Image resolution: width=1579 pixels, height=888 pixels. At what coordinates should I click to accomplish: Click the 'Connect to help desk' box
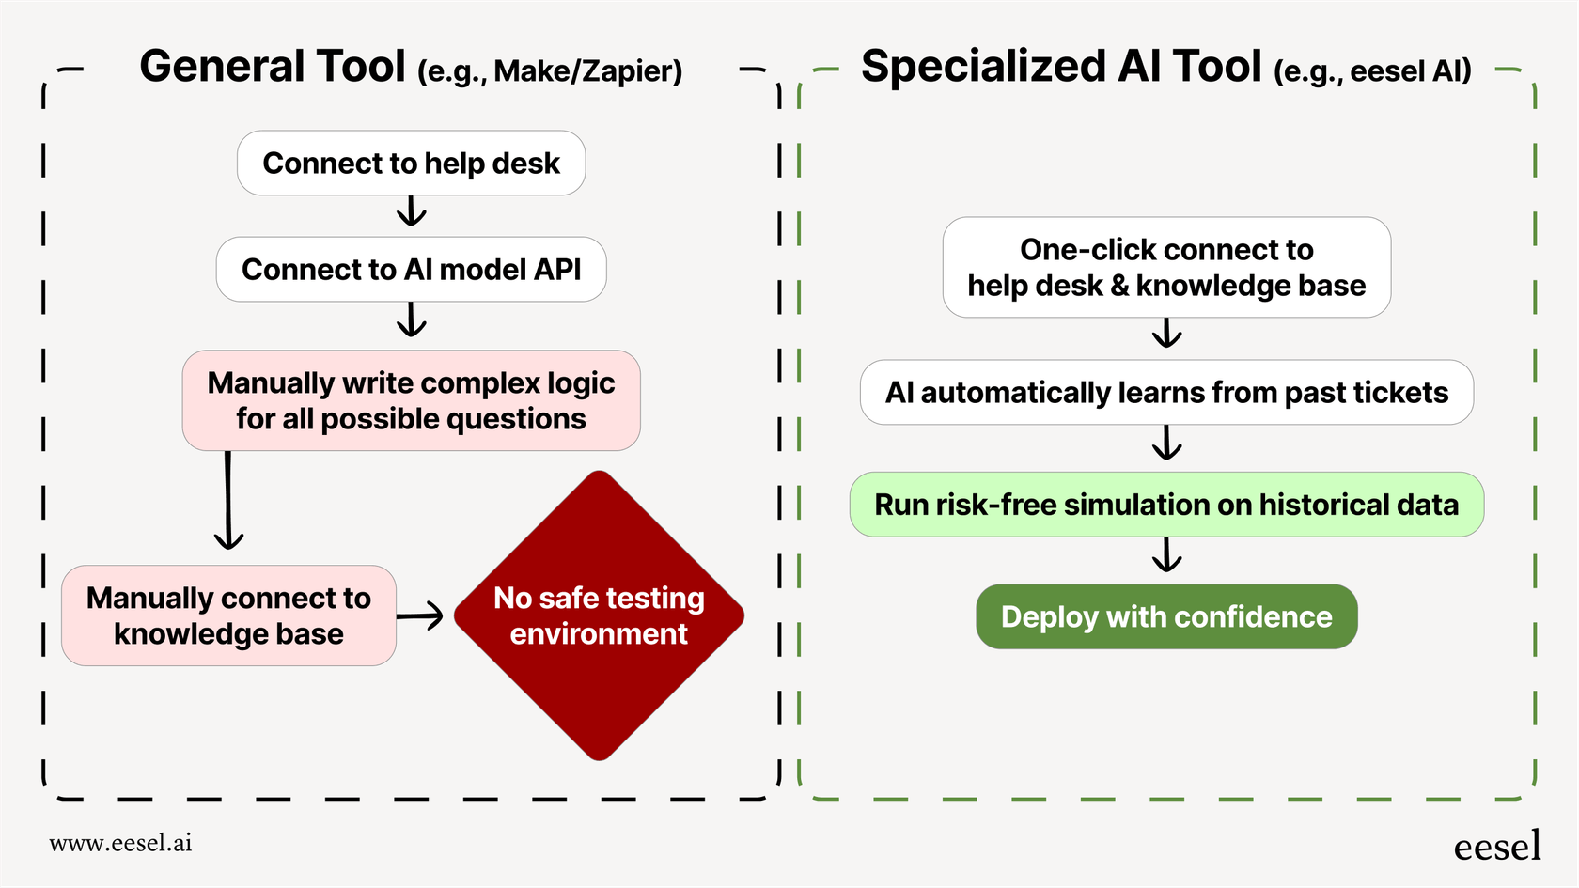pos(411,164)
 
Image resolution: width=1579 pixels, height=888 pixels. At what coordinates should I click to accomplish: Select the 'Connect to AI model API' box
pos(411,270)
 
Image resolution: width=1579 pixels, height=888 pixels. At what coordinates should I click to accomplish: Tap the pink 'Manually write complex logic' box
pos(411,401)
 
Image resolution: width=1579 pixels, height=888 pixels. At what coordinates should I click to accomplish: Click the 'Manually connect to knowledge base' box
pos(228,615)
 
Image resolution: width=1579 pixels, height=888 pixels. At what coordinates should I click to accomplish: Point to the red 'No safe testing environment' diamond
pos(599,615)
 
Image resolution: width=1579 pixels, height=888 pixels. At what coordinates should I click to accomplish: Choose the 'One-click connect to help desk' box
pos(1166,268)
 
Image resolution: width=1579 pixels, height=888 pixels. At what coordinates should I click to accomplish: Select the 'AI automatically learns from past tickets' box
pos(1166,393)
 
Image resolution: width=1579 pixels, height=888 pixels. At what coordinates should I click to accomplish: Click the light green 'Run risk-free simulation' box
pos(1166,505)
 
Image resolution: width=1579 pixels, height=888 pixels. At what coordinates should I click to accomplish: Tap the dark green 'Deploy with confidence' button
pos(1166,617)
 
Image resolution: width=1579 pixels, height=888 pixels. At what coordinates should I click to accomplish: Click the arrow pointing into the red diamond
pos(420,616)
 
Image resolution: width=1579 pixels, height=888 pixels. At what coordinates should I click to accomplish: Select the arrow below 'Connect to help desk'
pos(411,211)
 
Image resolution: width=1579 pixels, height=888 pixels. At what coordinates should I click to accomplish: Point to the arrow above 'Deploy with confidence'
pos(1166,555)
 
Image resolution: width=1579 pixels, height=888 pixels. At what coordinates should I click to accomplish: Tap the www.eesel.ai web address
pos(120,843)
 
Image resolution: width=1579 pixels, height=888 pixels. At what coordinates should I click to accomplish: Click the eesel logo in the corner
pos(1497,847)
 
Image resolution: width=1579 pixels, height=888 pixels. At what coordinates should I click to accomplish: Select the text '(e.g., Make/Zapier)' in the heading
pos(550,71)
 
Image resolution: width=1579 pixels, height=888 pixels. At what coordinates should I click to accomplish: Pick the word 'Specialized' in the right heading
pos(982,68)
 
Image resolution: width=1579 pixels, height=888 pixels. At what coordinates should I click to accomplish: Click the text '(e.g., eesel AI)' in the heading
pos(1372,71)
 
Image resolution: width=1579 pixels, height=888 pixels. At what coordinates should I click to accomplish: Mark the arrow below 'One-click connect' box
pos(1166,333)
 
